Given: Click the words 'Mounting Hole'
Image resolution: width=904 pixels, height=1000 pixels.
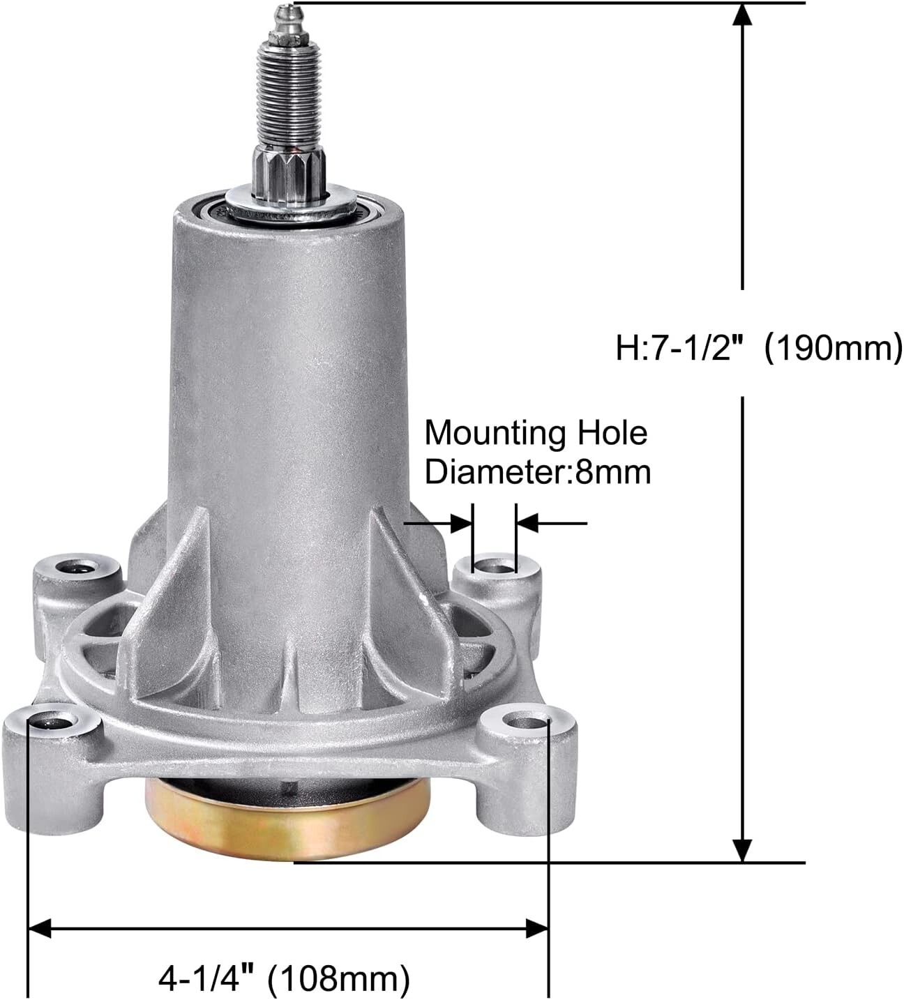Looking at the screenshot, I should pos(536,433).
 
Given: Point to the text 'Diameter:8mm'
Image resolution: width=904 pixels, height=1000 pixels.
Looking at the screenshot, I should pos(538,472).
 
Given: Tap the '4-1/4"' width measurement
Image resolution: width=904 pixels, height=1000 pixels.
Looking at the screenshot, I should pos(205,978).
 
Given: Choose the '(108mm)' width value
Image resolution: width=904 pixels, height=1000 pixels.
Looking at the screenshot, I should pos(340,978).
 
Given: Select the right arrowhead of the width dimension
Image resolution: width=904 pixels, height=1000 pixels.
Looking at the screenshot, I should pos(536,928).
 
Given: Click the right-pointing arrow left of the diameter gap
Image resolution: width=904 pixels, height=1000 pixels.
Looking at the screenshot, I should pos(460,522).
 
